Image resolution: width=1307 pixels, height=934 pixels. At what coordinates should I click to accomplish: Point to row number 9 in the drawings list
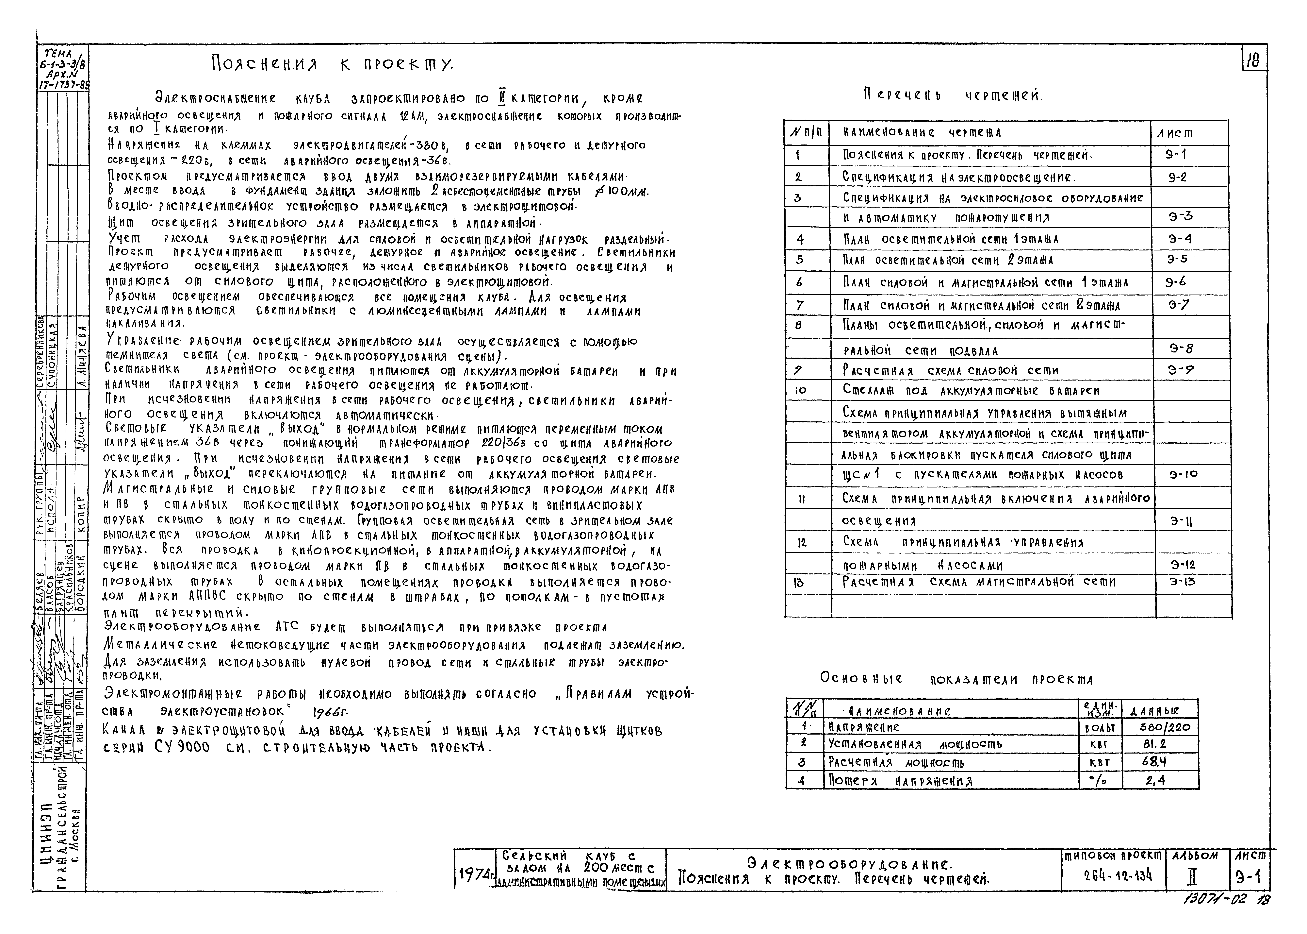pyautogui.click(x=798, y=370)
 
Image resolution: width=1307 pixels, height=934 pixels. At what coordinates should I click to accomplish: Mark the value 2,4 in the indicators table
pyautogui.click(x=1154, y=780)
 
